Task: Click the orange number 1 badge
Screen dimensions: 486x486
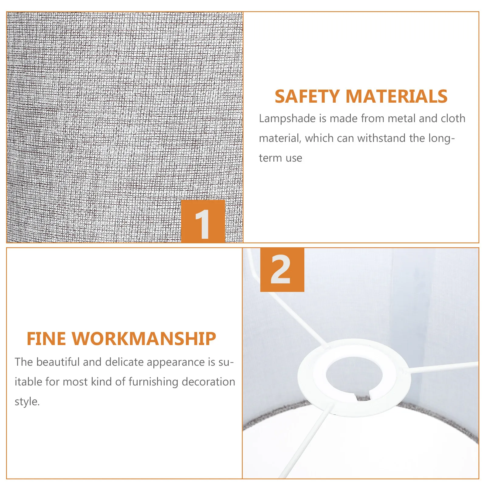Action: point(203,221)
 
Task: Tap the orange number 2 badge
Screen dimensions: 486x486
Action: point(282,270)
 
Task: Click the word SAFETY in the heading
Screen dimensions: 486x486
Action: point(307,97)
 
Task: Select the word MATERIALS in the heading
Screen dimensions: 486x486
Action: point(396,97)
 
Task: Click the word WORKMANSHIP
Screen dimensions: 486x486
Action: point(144,339)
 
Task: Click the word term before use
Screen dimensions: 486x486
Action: point(270,158)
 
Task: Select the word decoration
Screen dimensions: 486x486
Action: point(208,382)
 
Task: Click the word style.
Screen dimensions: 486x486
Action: point(27,402)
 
